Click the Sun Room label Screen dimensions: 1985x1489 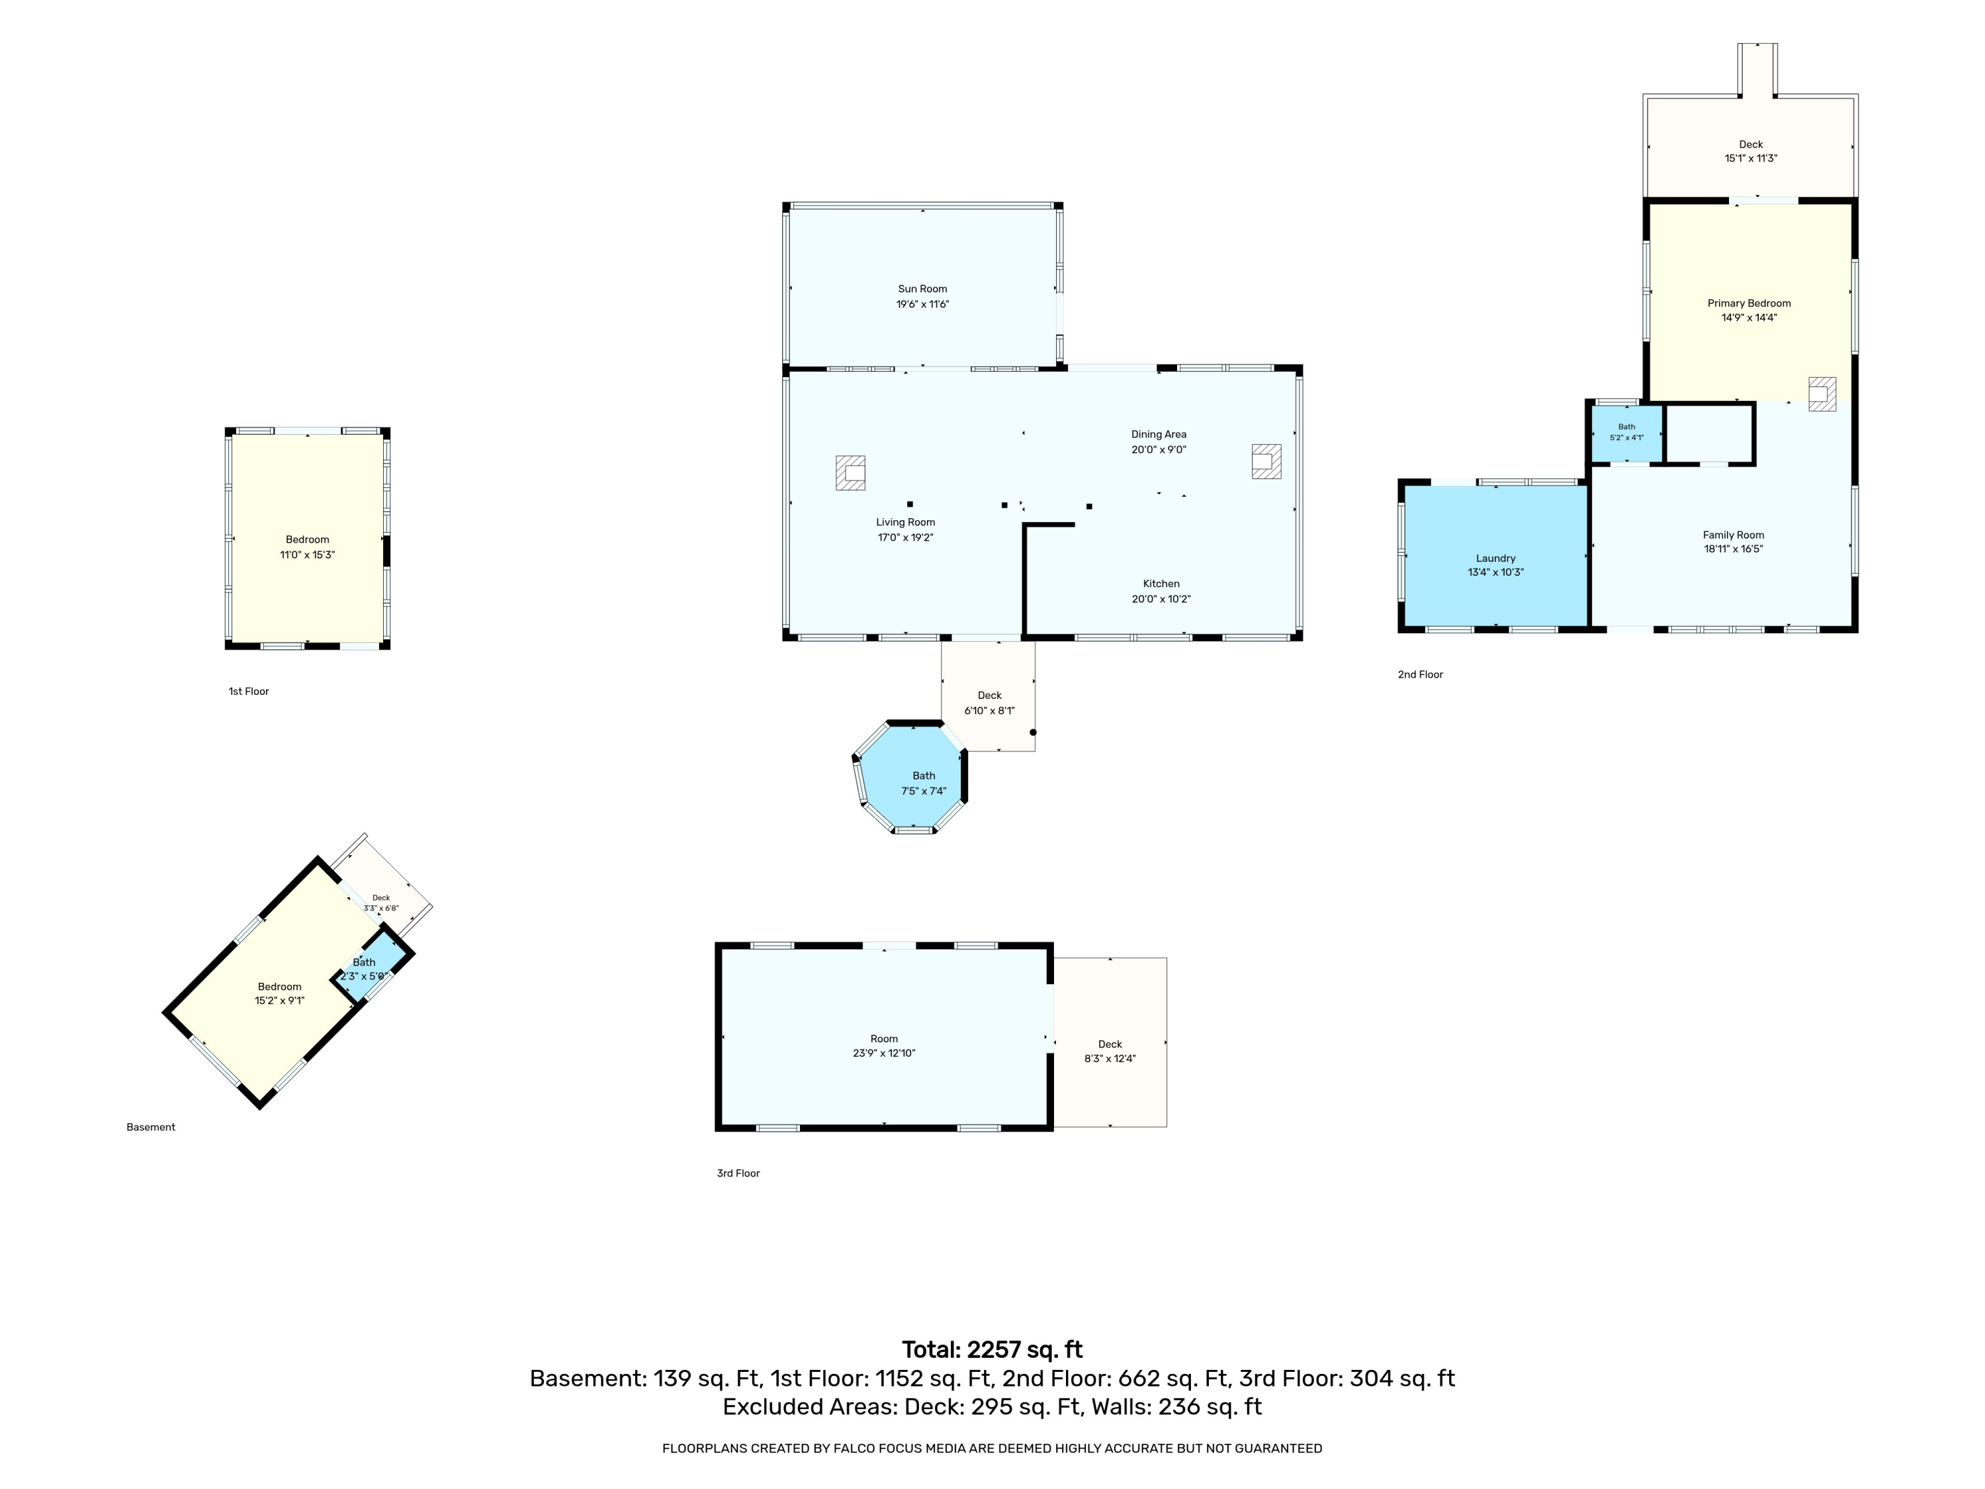coord(922,289)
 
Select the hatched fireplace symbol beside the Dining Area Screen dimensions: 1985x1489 coord(1266,461)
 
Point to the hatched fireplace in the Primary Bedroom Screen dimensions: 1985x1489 coord(1822,394)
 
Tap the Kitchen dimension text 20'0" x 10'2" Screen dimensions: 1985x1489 coord(1161,600)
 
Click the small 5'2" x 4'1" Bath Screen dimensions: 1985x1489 coord(1627,433)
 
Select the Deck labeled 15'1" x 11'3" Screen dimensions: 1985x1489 coord(1751,146)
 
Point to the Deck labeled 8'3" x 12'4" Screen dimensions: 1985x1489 coord(1110,1042)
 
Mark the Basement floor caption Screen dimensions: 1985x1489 coord(151,1127)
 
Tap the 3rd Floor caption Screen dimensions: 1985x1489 coord(738,1173)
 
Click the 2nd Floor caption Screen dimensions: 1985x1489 coord(1421,674)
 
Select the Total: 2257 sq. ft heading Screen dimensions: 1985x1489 coord(992,1350)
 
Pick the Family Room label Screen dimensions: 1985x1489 coord(1734,535)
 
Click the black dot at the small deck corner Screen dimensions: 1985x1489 coord(1033,733)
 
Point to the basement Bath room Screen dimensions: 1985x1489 coord(367,968)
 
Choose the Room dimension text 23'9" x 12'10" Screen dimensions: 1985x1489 coord(884,1054)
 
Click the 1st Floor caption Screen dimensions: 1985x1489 coord(249,691)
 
